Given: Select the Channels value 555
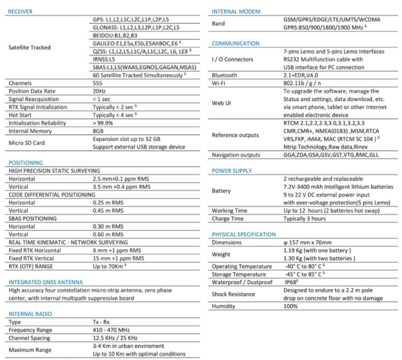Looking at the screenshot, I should click(x=99, y=83).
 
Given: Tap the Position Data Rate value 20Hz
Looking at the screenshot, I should click(x=99, y=91).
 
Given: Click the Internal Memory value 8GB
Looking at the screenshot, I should click(x=99, y=130).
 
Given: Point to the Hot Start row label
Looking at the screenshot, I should click(x=20, y=115).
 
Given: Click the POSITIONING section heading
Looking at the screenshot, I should click(x=26, y=162).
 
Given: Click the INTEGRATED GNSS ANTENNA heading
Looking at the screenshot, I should click(x=46, y=282).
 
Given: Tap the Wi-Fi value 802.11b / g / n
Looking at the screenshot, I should click(x=304, y=83).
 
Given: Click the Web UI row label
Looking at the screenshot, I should click(x=221, y=103).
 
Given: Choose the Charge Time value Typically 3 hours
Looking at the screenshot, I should click(x=304, y=219).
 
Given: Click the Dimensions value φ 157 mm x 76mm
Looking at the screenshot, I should click(x=312, y=243).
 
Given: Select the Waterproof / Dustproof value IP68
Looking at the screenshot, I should click(x=291, y=282).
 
